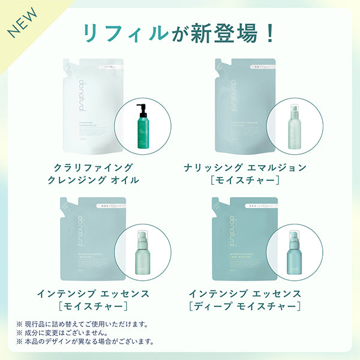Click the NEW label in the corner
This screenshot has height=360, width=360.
click(x=22, y=22)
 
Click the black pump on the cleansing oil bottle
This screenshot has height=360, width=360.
click(x=141, y=109)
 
